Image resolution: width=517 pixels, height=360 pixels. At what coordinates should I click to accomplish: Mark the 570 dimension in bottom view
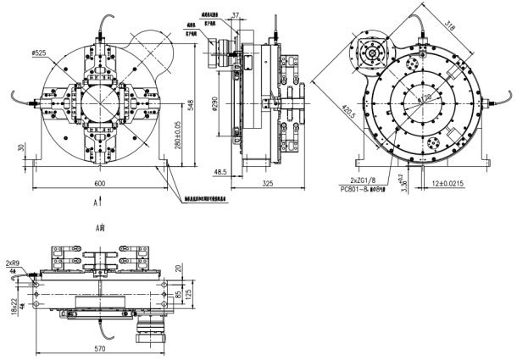pos(101,347)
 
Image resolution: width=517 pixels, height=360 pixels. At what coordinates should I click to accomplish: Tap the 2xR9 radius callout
pos(13,263)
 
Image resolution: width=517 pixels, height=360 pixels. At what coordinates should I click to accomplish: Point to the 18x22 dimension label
pos(14,302)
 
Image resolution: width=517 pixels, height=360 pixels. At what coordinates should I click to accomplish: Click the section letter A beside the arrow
pos(97,204)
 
